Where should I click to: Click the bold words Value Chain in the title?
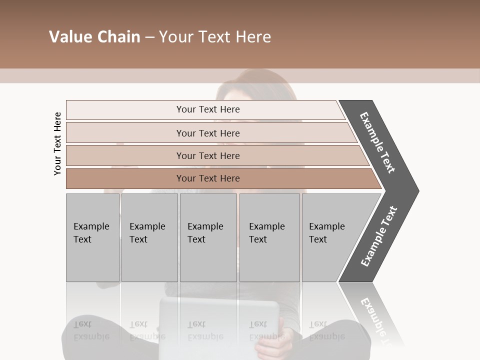(x=94, y=37)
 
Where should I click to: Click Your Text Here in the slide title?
(x=215, y=37)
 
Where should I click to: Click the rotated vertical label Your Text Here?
(x=57, y=143)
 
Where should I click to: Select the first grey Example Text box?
(x=92, y=237)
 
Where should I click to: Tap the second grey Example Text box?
(x=149, y=237)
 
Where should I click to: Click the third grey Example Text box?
(x=208, y=237)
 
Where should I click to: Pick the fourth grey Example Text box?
(x=269, y=237)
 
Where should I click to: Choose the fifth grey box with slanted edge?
(x=330, y=237)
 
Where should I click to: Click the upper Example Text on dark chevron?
(x=378, y=142)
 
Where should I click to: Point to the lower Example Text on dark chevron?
(x=378, y=236)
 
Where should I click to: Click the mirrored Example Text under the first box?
(x=91, y=330)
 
